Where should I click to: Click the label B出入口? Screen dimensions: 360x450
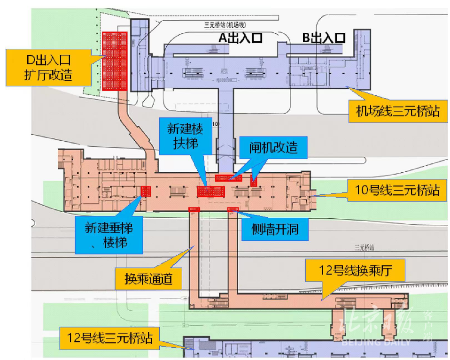click(x=324, y=38)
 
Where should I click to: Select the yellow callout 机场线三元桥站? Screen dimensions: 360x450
click(x=397, y=111)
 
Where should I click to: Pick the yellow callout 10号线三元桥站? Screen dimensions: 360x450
click(x=397, y=191)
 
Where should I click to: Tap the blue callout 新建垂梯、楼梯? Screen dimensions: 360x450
click(x=108, y=236)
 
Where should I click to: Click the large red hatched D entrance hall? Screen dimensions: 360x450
click(x=115, y=61)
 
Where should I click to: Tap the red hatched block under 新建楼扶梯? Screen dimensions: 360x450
click(x=210, y=191)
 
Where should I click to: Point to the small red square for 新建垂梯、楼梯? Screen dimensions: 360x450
click(x=146, y=191)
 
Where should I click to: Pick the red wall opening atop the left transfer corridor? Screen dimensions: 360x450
click(x=194, y=209)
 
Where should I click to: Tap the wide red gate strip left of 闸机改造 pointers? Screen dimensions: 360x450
click(x=228, y=177)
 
